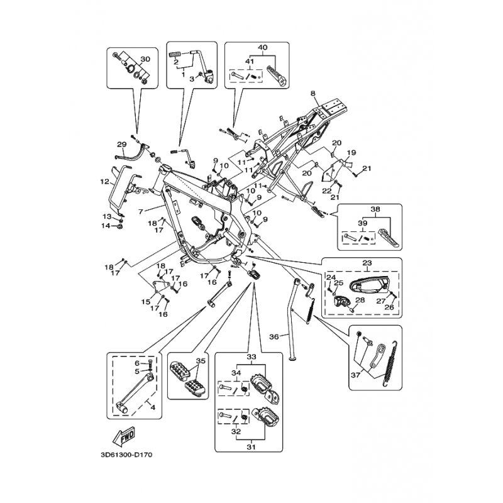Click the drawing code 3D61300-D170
[x=126, y=455]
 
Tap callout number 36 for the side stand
[x=274, y=336]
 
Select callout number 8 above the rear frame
[x=312, y=93]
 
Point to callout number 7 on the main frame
[x=140, y=212]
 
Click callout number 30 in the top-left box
[x=145, y=59]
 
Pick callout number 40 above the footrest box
[x=263, y=48]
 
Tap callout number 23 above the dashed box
[x=367, y=263]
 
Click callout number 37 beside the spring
[x=355, y=374]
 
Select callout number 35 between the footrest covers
[x=201, y=361]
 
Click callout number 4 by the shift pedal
[x=153, y=407]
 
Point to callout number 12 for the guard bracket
[x=104, y=182]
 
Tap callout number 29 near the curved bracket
[x=121, y=145]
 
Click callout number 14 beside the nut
[x=106, y=226]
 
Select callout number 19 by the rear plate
[x=351, y=152]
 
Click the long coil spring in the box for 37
[x=390, y=363]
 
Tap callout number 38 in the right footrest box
[x=375, y=209]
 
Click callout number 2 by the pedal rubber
[x=176, y=62]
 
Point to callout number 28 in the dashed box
[x=360, y=300]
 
